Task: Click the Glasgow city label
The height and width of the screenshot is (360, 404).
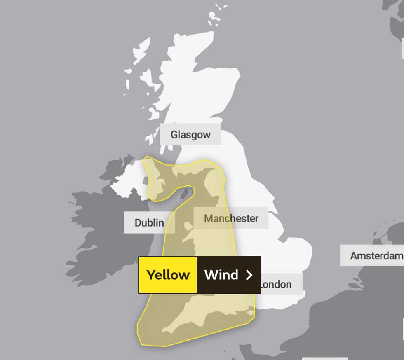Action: click(190, 134)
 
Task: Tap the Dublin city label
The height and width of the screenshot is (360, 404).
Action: click(149, 223)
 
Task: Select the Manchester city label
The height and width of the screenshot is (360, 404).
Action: click(231, 218)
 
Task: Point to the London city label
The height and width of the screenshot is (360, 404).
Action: click(276, 284)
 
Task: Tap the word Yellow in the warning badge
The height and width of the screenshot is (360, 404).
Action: click(168, 275)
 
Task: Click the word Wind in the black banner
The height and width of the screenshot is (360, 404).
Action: click(221, 275)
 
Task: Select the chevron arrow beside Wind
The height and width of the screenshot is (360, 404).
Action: click(249, 275)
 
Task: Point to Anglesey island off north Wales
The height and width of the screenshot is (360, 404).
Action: click(188, 227)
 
